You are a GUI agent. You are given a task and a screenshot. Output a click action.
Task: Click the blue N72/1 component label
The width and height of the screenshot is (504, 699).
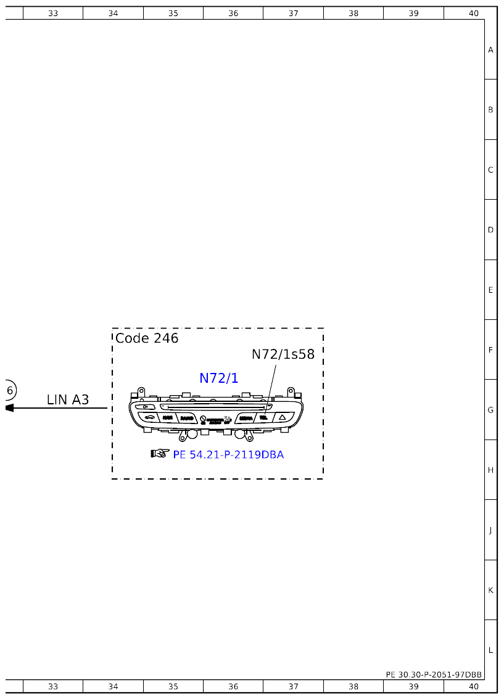click(218, 378)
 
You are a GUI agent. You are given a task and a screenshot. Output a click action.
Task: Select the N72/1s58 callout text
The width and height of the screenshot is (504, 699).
click(283, 354)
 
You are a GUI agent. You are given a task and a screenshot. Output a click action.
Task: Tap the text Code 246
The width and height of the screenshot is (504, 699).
click(147, 338)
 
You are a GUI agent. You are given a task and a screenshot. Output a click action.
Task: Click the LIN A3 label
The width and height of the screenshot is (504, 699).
click(68, 400)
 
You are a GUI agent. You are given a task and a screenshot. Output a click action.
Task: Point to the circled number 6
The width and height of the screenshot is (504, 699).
click(9, 390)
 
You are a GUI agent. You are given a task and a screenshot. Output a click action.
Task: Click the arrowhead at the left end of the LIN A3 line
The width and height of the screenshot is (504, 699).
click(9, 408)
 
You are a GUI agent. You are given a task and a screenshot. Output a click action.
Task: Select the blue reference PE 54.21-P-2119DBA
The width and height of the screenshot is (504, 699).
click(228, 455)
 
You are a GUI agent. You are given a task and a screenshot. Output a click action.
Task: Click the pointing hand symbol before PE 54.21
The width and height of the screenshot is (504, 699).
click(160, 454)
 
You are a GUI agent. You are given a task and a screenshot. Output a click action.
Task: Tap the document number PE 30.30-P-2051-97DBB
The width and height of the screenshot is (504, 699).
click(434, 675)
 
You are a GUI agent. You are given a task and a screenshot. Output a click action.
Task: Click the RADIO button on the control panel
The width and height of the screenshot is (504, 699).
click(186, 418)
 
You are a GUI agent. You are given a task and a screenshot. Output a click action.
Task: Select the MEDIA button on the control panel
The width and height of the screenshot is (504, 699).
click(246, 418)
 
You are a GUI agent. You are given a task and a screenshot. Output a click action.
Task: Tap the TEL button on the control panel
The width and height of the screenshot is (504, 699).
click(263, 418)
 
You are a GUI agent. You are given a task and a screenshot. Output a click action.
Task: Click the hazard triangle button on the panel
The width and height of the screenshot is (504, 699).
click(282, 418)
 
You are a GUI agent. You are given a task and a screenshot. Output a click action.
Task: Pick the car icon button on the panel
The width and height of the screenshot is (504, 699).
click(149, 418)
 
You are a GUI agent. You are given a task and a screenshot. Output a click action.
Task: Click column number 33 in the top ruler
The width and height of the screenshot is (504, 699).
click(53, 13)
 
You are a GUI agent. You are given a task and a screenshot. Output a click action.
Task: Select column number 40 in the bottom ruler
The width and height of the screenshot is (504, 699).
click(473, 687)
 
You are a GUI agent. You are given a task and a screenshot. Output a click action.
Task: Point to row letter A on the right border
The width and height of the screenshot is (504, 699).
click(490, 50)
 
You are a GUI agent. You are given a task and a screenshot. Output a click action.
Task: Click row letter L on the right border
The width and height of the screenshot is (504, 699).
click(490, 650)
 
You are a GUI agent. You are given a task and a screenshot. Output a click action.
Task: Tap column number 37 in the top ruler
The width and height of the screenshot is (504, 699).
click(293, 13)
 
